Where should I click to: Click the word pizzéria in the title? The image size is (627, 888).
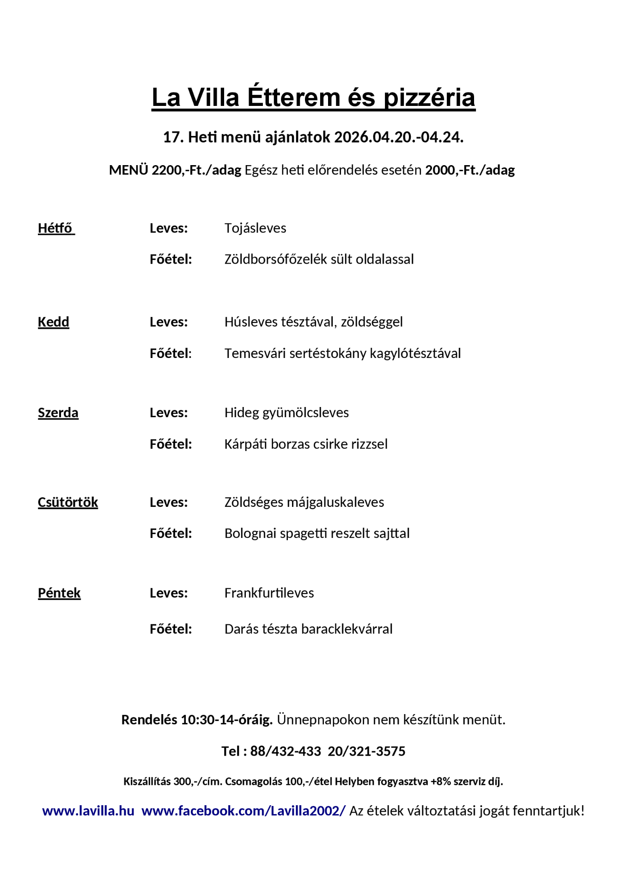tap(429, 98)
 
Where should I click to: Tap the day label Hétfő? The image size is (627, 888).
tap(55, 228)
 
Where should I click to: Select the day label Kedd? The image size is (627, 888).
tap(54, 322)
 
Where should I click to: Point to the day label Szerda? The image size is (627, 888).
tap(58, 413)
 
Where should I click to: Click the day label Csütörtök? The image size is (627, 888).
tap(68, 502)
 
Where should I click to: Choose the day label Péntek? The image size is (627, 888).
tap(59, 593)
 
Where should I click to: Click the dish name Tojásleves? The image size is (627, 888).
tap(255, 228)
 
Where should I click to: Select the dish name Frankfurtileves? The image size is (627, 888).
tap(269, 593)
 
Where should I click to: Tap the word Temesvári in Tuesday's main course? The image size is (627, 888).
tap(255, 353)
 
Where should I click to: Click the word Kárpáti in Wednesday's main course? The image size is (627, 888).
tap(246, 444)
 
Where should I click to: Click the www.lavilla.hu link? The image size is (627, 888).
tap(88, 811)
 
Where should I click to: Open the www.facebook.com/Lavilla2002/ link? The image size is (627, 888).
tap(243, 811)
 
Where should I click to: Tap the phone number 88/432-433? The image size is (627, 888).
tap(286, 751)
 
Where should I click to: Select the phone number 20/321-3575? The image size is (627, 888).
tap(366, 751)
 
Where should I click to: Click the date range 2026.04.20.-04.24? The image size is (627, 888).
tap(398, 137)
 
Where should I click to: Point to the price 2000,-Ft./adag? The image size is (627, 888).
tap(470, 170)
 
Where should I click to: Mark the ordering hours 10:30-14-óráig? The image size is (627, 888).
tap(226, 720)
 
